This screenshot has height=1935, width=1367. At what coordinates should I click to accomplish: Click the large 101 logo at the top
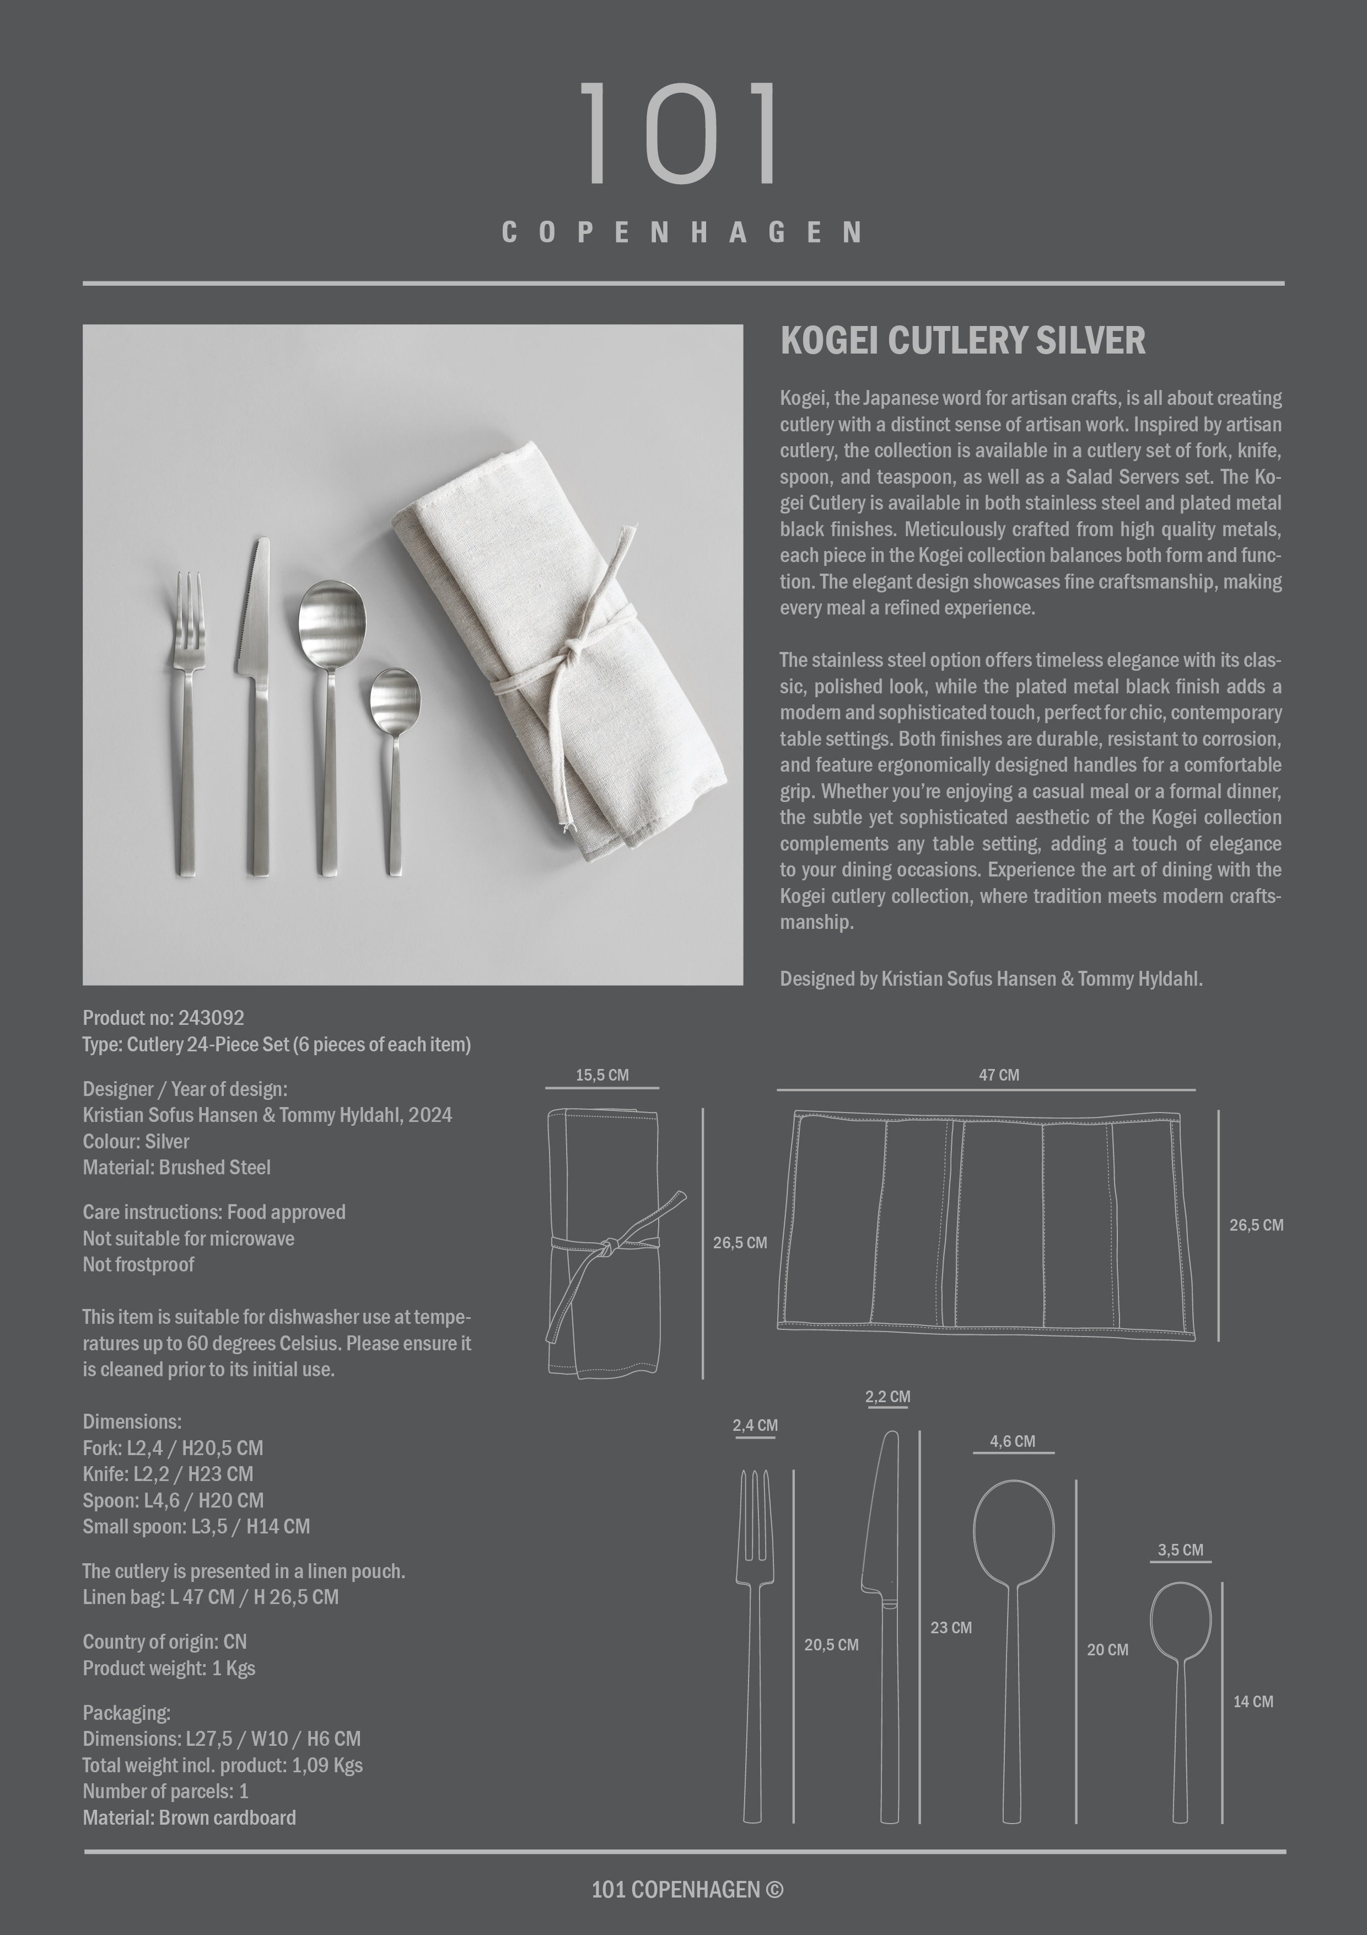(x=681, y=133)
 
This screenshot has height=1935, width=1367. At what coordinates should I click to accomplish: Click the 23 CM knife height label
(x=950, y=1627)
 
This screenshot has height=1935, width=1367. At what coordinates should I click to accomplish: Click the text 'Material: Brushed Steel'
(x=176, y=1167)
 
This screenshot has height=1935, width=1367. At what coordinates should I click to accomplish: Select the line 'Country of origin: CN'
(x=164, y=1642)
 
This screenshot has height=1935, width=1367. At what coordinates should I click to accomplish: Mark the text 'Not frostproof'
(x=138, y=1264)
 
